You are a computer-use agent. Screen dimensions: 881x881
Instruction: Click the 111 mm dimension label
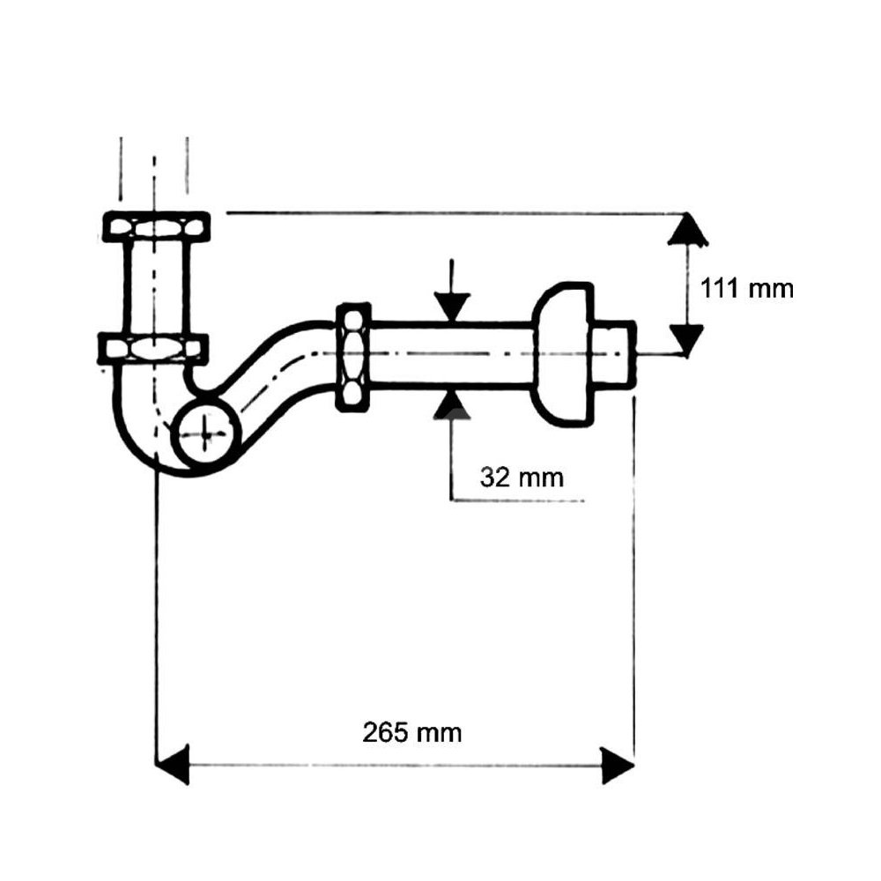[747, 289]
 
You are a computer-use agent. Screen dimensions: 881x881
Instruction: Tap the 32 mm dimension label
[522, 478]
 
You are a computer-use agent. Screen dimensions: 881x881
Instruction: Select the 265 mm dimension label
[411, 733]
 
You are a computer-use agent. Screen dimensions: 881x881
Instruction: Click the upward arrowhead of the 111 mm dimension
[687, 229]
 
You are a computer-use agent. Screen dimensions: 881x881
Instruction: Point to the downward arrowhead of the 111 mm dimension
[687, 340]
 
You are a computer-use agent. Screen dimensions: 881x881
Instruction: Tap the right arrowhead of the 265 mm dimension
[618, 766]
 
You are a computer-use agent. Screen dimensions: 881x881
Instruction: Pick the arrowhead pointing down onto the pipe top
[452, 307]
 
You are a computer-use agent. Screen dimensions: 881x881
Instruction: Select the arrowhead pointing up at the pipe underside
[452, 405]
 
